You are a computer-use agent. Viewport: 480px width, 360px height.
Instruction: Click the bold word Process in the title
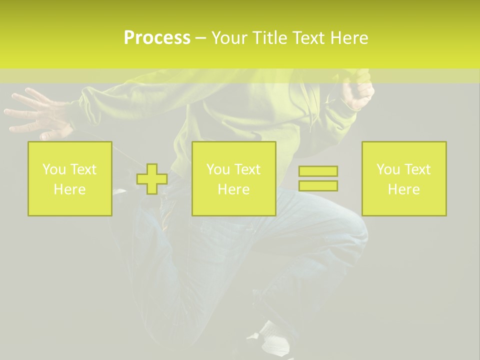tap(157, 38)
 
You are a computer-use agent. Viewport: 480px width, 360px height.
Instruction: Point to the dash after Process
tap(200, 38)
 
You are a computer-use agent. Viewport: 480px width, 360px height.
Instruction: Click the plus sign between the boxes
tap(152, 179)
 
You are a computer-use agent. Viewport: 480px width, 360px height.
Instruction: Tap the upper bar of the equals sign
tap(318, 171)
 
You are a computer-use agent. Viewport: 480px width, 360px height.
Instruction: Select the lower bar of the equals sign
tap(318, 185)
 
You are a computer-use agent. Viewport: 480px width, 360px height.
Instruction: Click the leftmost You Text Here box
tap(69, 178)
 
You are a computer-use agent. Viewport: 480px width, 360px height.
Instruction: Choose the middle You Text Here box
tap(233, 178)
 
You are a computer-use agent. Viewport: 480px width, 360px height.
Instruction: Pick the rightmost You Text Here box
tap(403, 178)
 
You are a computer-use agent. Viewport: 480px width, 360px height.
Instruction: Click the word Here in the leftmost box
tap(69, 189)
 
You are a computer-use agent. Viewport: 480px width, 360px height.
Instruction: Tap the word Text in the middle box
tap(247, 169)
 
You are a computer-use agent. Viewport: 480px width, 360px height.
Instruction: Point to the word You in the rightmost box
tap(388, 169)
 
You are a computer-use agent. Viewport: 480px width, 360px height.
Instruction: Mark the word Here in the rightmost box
tap(403, 189)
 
